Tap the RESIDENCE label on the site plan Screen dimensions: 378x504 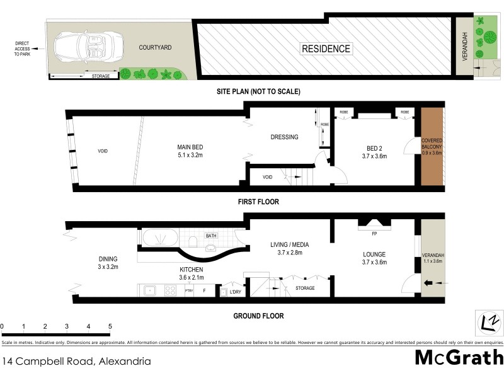click(x=325, y=49)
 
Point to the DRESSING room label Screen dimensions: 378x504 click(x=284, y=137)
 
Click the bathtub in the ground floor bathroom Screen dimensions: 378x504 click(x=160, y=239)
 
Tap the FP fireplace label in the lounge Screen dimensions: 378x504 click(x=374, y=234)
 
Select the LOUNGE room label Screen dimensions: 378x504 click(x=374, y=255)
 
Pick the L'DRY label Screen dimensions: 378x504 click(x=236, y=292)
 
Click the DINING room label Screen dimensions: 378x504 click(x=108, y=259)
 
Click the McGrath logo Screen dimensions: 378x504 click(x=459, y=357)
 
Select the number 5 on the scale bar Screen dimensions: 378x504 click(x=110, y=326)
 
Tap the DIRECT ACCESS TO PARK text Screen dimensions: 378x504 click(x=22, y=48)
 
